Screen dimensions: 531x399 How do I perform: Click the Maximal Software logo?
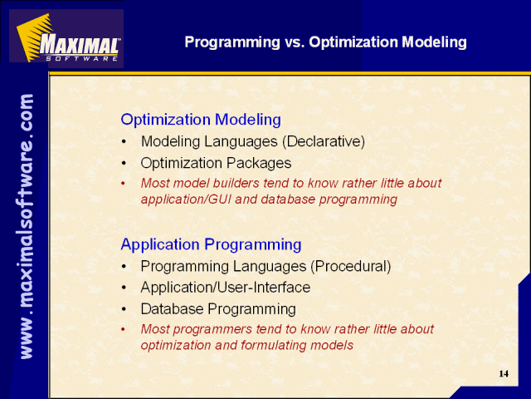point(66,38)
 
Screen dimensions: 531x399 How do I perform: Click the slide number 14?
point(504,373)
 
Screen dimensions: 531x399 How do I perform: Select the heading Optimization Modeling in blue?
point(201,120)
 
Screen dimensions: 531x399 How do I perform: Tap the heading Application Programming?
point(211,244)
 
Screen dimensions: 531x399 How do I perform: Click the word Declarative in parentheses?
point(324,141)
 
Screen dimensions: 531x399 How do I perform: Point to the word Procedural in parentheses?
point(351,266)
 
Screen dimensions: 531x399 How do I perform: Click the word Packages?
point(259,164)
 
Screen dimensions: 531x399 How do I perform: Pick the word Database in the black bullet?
point(172,308)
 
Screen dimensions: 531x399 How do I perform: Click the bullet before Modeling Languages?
point(124,141)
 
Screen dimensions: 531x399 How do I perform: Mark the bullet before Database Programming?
point(124,309)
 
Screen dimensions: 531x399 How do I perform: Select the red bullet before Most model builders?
point(124,184)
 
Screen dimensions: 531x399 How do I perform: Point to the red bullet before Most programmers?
point(124,329)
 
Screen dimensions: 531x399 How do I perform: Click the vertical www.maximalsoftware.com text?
point(27,226)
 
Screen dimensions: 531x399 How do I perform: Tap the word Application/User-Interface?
point(226,288)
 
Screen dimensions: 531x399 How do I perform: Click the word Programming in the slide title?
point(232,42)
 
